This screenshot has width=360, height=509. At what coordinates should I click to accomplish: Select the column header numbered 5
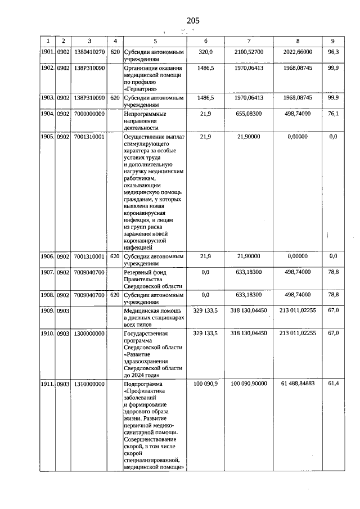pyautogui.click(x=155, y=41)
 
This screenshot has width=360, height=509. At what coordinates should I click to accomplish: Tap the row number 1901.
pyautogui.click(x=47, y=51)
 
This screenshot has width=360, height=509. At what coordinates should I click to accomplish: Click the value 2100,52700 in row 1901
pyautogui.click(x=249, y=51)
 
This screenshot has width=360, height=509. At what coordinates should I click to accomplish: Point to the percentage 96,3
pyautogui.click(x=333, y=51)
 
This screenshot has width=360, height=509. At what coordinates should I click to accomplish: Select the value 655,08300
pyautogui.click(x=249, y=114)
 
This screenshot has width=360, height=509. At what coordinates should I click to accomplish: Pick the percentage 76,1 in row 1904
pyautogui.click(x=333, y=114)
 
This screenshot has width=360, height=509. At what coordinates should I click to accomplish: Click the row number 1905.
pyautogui.click(x=47, y=137)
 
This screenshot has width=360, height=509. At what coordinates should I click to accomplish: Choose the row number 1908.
pyautogui.click(x=47, y=295)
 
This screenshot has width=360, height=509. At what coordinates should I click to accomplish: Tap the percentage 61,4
pyautogui.click(x=333, y=384)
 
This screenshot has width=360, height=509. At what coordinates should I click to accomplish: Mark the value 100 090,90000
pyautogui.click(x=249, y=384)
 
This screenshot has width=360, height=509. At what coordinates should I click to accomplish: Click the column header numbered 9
pyautogui.click(x=333, y=41)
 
